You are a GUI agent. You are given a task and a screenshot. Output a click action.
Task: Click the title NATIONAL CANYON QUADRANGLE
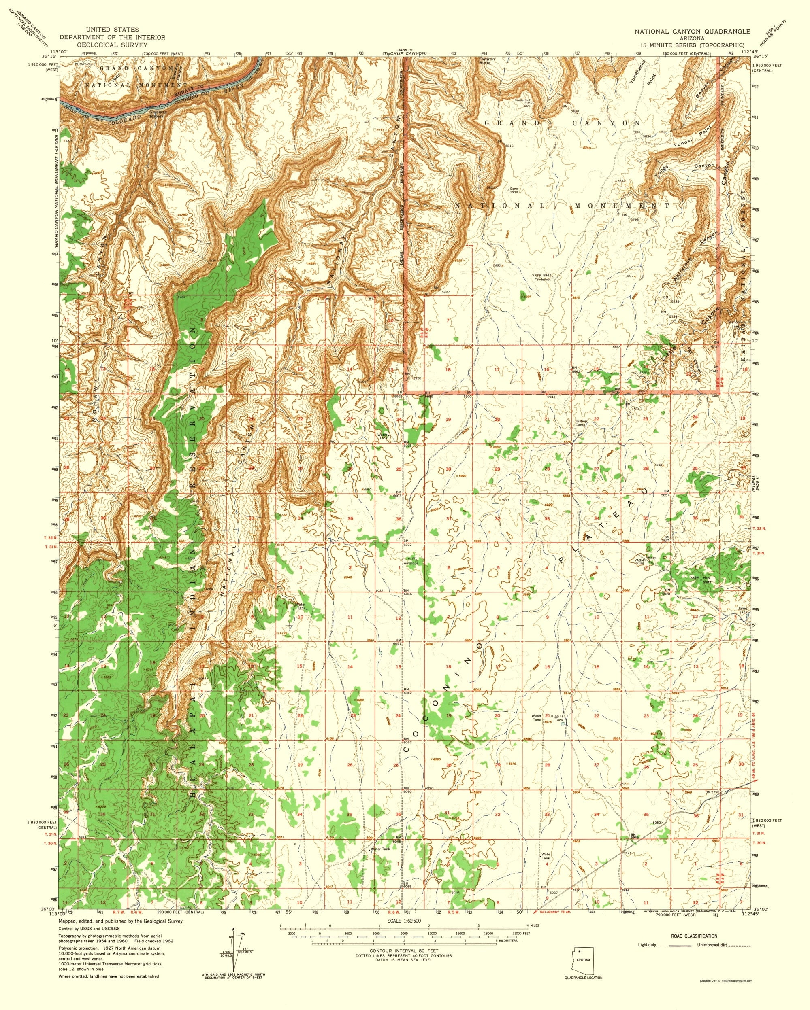[x=692, y=32]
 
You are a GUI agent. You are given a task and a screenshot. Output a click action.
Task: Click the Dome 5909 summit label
[x=514, y=190]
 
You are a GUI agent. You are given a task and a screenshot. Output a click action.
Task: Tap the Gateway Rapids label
[x=157, y=114]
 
